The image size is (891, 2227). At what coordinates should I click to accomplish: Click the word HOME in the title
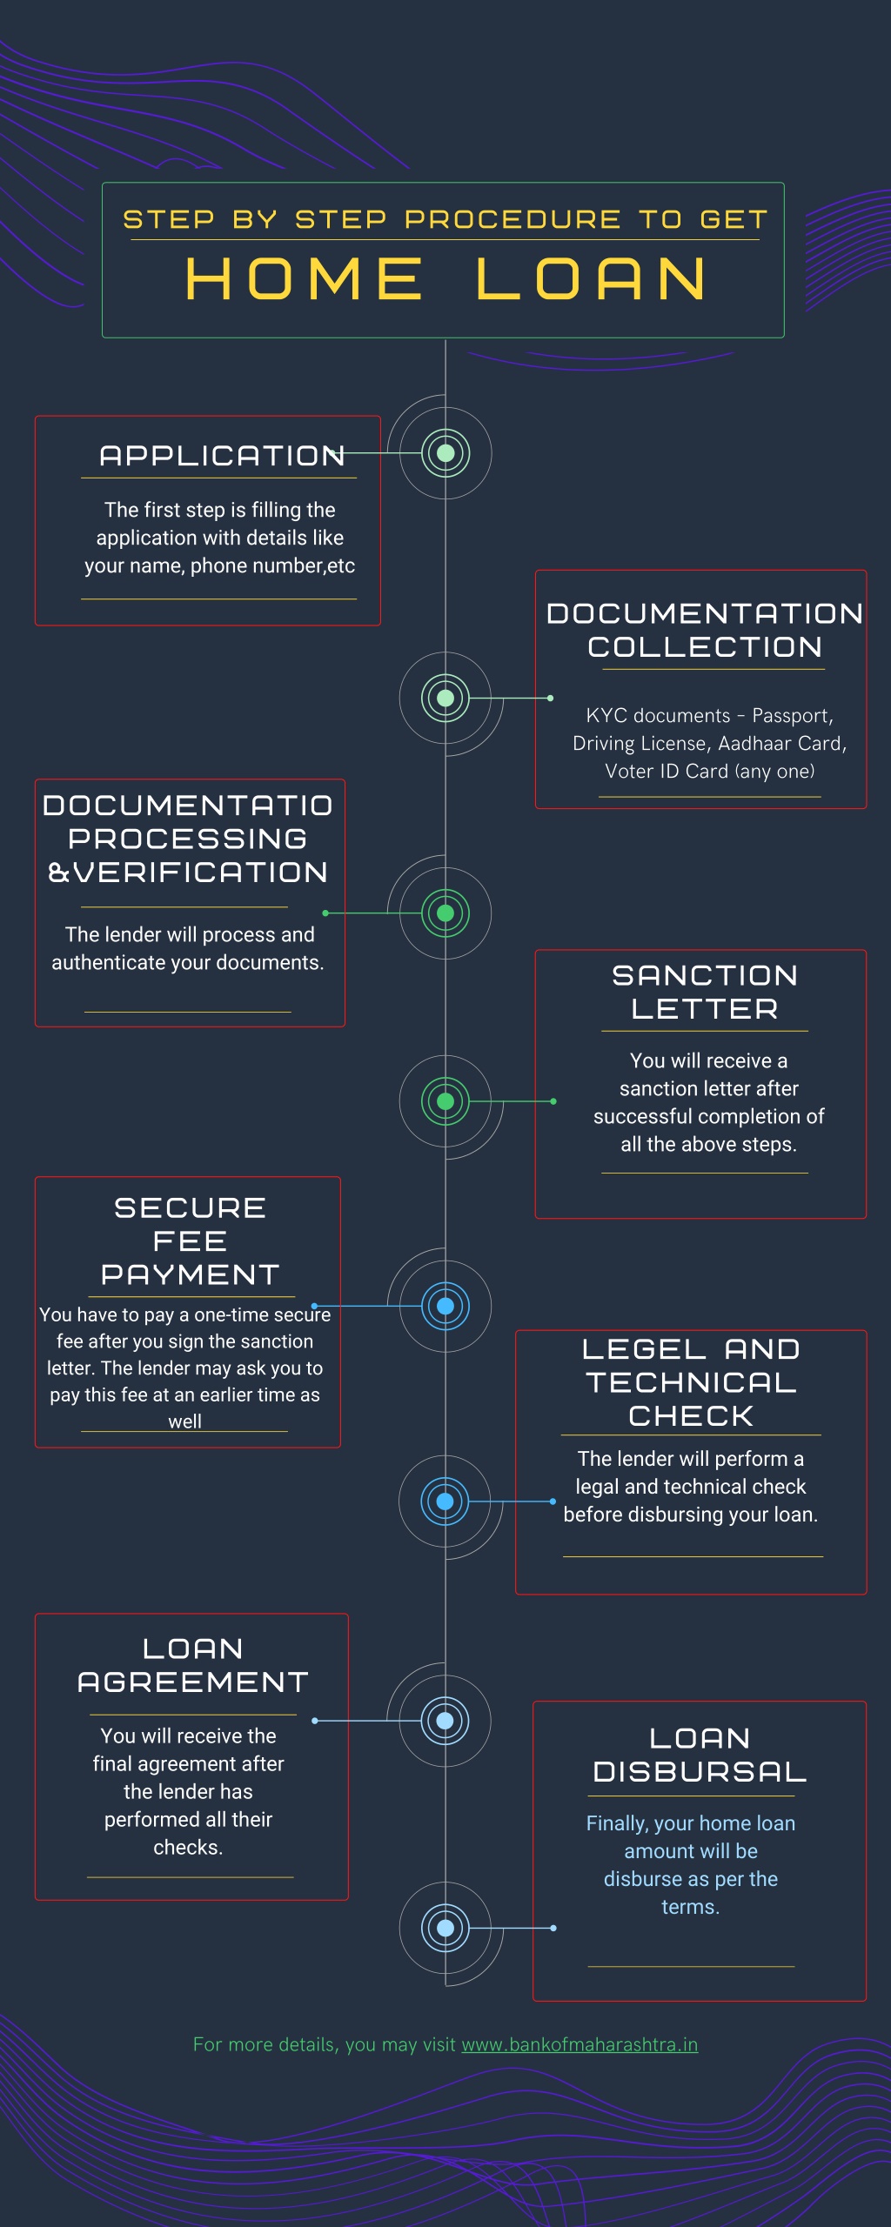304,279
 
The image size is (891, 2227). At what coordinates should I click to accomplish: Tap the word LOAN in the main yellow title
592,279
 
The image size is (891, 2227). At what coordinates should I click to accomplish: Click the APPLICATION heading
222,455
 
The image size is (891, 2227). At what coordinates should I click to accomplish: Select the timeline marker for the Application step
445,453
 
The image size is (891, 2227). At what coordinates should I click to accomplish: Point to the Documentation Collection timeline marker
445,698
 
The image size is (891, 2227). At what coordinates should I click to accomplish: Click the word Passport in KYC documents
792,716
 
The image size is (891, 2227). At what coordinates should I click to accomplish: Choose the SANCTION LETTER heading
705,992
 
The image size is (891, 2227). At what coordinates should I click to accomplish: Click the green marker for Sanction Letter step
445,1101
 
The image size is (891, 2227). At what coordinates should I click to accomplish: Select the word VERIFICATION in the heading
200,873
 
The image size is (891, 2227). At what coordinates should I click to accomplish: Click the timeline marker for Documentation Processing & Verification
445,913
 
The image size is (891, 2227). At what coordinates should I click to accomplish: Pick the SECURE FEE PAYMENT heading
190,1241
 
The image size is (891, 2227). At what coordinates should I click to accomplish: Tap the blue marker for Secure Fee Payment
445,1306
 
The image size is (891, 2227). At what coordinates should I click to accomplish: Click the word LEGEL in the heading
644,1349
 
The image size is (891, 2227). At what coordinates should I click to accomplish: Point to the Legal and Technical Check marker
445,1501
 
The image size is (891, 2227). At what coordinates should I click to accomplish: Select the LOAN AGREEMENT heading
192,1666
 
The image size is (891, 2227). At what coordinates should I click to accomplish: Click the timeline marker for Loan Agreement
445,1721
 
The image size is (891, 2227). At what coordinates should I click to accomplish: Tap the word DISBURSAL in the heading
700,1772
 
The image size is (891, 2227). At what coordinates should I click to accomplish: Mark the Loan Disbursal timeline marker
445,1928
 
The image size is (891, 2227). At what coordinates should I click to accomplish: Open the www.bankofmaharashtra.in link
579,2044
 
